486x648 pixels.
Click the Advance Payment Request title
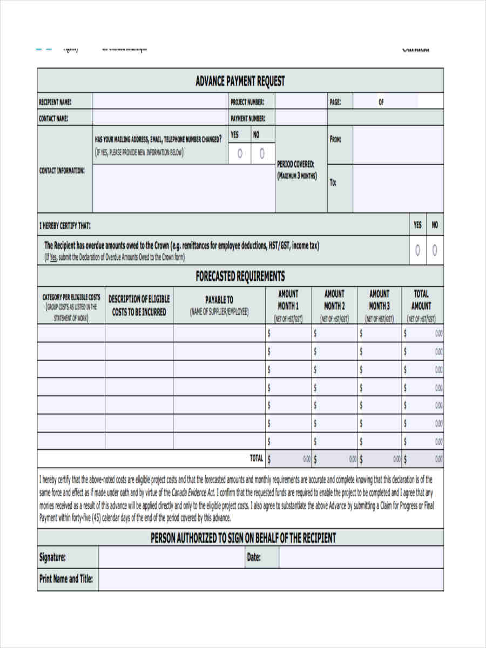(x=240, y=81)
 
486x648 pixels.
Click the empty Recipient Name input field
(x=160, y=102)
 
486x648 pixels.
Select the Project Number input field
(x=301, y=102)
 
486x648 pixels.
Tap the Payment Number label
(x=247, y=118)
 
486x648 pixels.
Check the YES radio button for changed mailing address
(x=240, y=154)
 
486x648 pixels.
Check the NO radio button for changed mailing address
(x=262, y=154)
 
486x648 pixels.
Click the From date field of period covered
(x=398, y=145)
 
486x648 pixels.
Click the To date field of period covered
(x=398, y=188)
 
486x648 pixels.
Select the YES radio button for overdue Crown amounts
(x=417, y=250)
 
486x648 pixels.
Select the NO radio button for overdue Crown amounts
(x=435, y=250)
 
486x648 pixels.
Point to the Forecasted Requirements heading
(x=240, y=276)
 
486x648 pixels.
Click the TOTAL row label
(x=256, y=458)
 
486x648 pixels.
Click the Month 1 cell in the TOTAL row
(x=288, y=459)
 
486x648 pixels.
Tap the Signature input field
(x=171, y=557)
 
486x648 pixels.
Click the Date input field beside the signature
(x=361, y=557)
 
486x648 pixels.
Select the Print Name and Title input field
(x=271, y=580)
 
